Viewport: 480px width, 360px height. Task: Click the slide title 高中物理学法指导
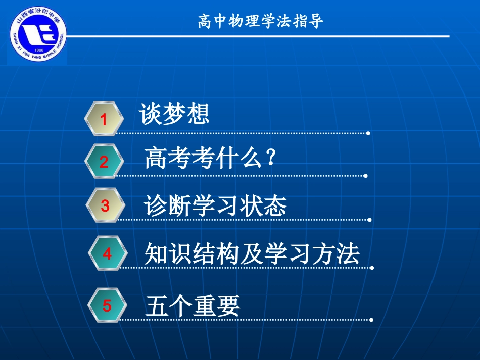tap(260, 21)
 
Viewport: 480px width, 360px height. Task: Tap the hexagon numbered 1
tap(104, 119)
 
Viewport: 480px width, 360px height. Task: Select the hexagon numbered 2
tap(104, 162)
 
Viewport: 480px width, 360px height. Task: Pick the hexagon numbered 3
tap(105, 205)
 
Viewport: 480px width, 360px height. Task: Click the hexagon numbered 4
tap(107, 253)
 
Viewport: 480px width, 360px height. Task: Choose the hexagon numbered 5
tap(107, 305)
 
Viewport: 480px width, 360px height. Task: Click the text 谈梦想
tap(174, 114)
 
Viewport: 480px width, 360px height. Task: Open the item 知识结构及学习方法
tap(252, 253)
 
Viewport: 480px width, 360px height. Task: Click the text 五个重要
tap(193, 305)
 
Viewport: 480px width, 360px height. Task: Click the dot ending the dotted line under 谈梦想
tap(368, 133)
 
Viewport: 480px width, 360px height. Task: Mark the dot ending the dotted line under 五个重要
tap(371, 320)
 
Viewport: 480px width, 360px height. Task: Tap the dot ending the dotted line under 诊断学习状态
tap(370, 220)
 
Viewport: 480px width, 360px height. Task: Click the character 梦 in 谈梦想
tap(174, 114)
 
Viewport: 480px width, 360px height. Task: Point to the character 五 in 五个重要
tap(157, 305)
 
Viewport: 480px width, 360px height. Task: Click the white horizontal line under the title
tap(258, 36)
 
